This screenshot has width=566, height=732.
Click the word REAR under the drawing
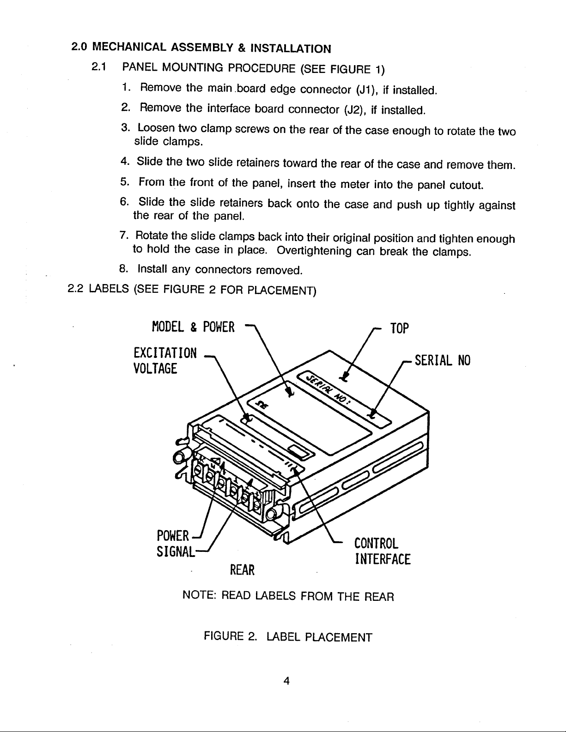coord(242,571)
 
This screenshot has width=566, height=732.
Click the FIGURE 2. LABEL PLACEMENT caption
coord(287,638)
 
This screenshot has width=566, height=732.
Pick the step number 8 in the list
coord(123,268)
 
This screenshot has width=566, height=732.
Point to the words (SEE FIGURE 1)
coord(342,70)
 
